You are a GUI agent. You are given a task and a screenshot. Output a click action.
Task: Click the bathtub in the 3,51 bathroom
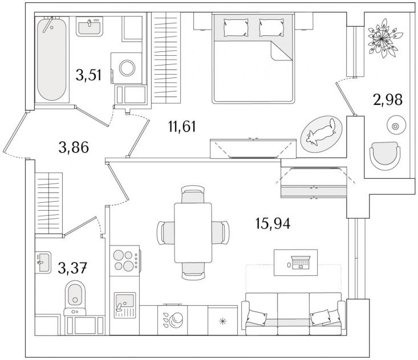tap(52, 59)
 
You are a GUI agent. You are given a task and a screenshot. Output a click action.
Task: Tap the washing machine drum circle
tap(127, 68)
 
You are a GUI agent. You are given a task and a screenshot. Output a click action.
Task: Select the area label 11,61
tap(182, 126)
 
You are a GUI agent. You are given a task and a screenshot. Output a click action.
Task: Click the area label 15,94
tap(273, 223)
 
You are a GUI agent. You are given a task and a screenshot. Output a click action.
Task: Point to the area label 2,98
tap(388, 100)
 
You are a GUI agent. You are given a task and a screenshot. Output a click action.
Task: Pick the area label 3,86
tap(74, 148)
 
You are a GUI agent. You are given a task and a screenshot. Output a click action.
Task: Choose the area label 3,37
tap(72, 268)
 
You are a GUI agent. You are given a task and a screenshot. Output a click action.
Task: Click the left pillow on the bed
tap(236, 27)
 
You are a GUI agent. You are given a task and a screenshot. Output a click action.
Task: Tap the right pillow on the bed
tap(271, 27)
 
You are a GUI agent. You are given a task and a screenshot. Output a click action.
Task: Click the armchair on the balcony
tap(385, 156)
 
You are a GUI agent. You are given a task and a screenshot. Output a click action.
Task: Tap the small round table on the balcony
tap(396, 125)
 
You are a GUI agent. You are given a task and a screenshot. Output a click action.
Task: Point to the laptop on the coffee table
tap(301, 262)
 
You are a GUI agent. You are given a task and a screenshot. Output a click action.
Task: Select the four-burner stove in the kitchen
tap(125, 260)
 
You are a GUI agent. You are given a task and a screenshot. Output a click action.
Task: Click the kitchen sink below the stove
tap(125, 305)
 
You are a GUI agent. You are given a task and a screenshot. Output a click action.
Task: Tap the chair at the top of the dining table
tap(193, 194)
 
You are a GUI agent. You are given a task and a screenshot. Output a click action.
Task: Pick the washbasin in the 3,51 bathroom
tap(90, 26)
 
